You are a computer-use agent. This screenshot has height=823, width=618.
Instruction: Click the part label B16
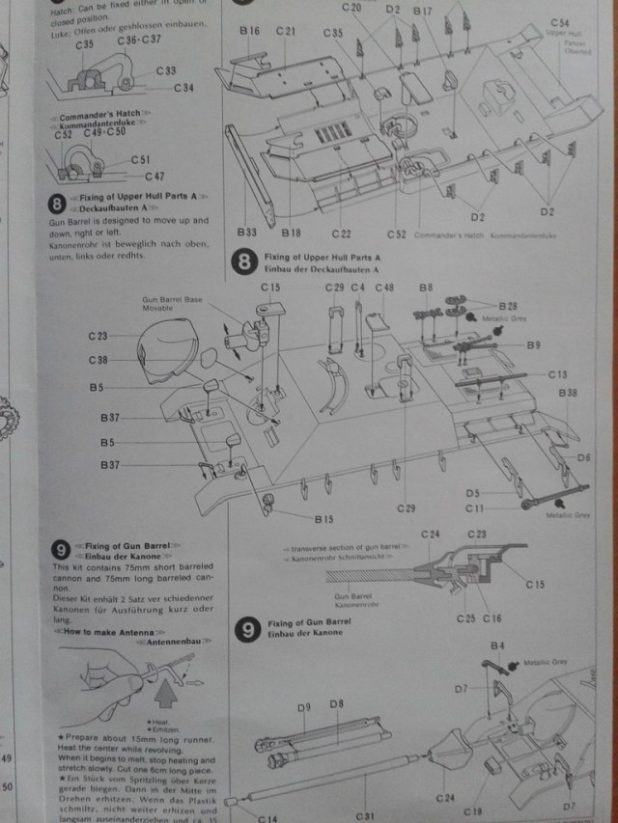249,31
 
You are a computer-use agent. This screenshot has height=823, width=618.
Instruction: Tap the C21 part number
285,31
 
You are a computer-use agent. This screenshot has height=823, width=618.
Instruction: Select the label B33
246,233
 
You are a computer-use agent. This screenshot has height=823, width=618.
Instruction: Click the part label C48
384,288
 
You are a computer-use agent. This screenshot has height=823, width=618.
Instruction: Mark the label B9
534,344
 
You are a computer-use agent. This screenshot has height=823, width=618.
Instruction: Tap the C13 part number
557,373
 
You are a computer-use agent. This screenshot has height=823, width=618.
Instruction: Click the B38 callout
568,393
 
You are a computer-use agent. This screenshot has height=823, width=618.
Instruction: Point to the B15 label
323,519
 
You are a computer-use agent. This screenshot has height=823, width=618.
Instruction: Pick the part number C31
364,815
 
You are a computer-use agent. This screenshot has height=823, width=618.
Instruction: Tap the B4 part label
498,645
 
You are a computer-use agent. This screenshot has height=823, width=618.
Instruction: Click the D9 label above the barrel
303,706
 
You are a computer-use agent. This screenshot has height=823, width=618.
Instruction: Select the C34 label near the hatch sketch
184,88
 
